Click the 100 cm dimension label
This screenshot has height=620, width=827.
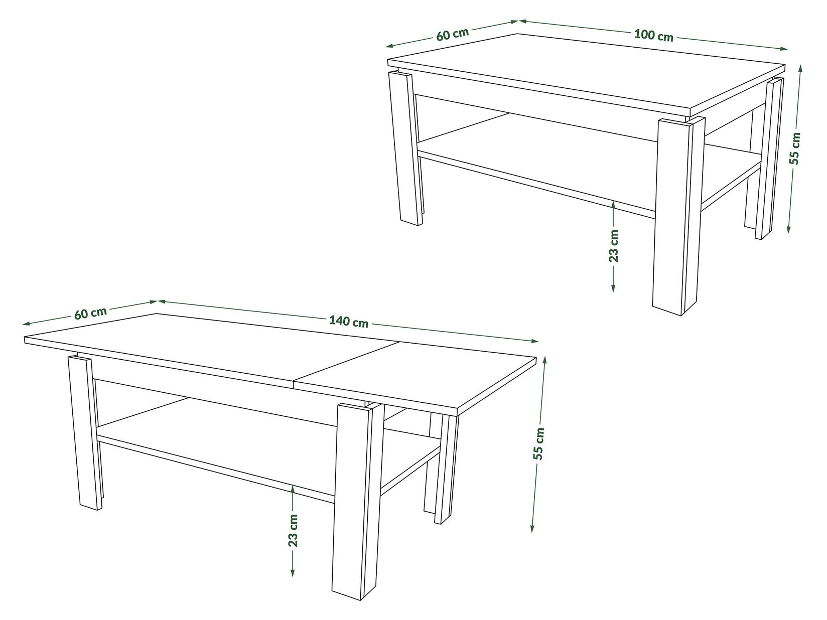tap(653, 35)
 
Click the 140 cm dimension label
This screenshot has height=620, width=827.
tap(349, 322)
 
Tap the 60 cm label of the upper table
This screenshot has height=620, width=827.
tap(452, 34)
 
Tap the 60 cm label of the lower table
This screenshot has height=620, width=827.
tap(90, 313)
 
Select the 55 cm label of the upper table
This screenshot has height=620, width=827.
tap(794, 148)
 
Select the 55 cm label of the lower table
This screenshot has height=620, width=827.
tap(538, 444)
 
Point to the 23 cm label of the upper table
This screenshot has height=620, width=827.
tap(614, 246)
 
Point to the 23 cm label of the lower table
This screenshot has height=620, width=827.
tap(294, 530)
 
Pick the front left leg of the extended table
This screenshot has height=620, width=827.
tap(83, 431)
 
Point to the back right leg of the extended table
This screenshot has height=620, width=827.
tap(444, 467)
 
